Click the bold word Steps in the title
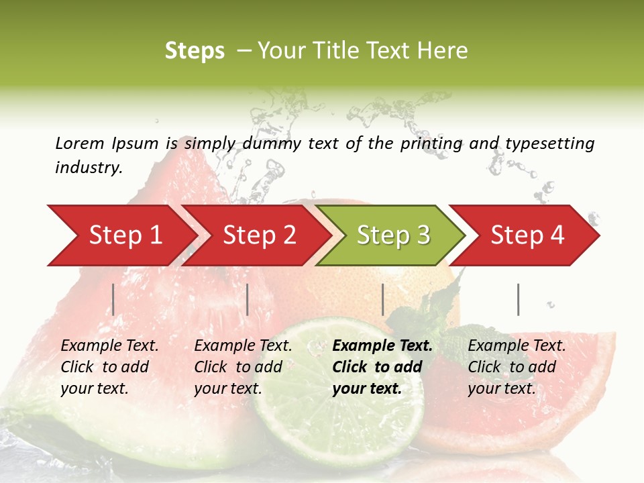point(195,51)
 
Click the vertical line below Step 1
point(113,299)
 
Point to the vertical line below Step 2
point(248,299)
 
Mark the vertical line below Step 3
point(382,299)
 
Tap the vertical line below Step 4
point(518,299)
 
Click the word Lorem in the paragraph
point(80,143)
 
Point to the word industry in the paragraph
point(89,167)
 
